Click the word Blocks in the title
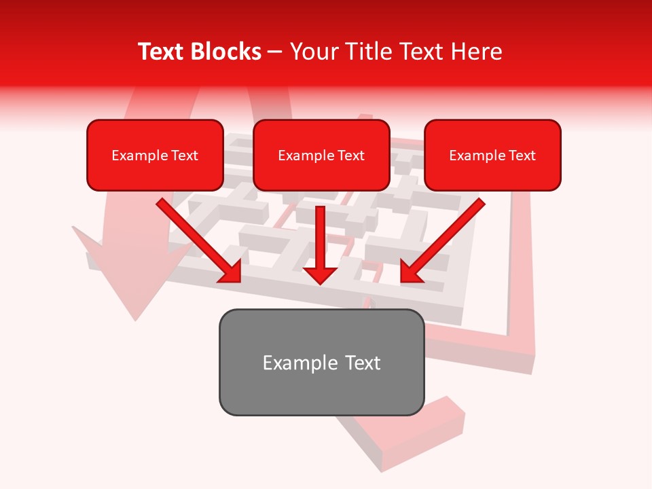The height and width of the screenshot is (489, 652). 225,52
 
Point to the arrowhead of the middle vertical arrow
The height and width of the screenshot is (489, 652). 320,274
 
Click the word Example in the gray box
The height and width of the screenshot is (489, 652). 291,363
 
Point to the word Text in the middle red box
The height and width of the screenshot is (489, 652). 351,156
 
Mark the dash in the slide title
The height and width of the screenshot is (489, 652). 275,52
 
